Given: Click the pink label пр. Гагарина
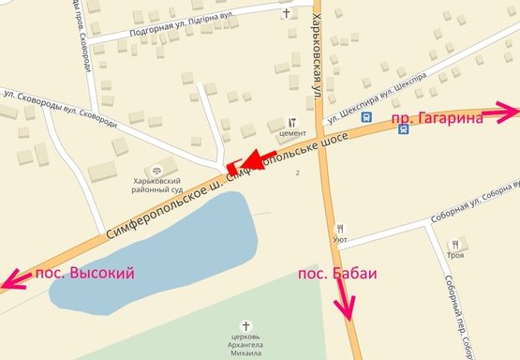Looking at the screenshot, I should tap(436, 118).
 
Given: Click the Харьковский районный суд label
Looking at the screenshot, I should tap(169, 184).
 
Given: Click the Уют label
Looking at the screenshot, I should tap(340, 239).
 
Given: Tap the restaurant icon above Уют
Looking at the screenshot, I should tap(340, 227).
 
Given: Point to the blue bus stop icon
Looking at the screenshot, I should tap(404, 129).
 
